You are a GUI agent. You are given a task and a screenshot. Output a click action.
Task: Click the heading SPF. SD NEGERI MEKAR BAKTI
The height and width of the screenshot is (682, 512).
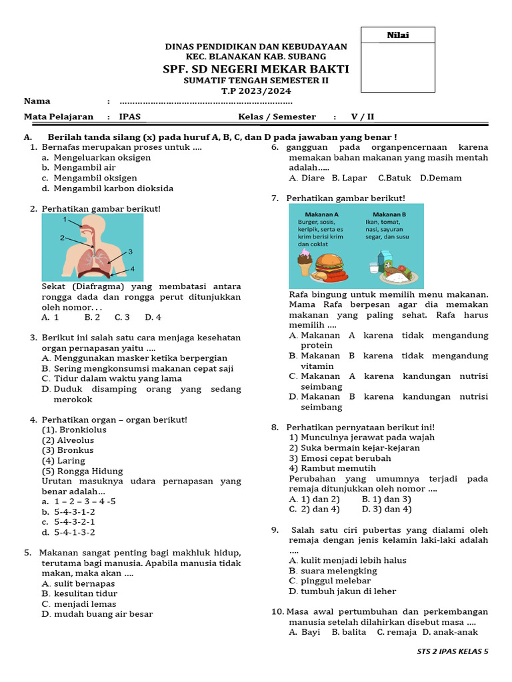click(256, 69)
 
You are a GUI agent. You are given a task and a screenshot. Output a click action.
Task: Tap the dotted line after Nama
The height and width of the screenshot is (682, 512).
click(205, 102)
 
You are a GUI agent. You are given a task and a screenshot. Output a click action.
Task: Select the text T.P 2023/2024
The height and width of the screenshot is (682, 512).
click(256, 91)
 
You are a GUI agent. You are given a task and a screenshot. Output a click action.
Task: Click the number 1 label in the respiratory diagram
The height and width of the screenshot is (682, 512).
click(65, 219)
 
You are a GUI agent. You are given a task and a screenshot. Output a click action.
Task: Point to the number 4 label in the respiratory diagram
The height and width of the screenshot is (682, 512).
click(132, 268)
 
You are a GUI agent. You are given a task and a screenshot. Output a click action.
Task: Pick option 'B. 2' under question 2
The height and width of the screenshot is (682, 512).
click(92, 317)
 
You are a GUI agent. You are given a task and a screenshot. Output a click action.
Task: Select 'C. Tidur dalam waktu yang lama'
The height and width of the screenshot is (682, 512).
click(111, 378)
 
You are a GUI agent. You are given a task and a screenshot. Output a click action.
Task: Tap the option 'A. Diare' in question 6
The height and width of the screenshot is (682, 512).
click(307, 178)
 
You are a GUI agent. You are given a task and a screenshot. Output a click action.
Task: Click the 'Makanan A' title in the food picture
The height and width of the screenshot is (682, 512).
click(319, 214)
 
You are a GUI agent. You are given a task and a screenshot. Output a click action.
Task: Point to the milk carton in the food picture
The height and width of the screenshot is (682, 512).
click(383, 260)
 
